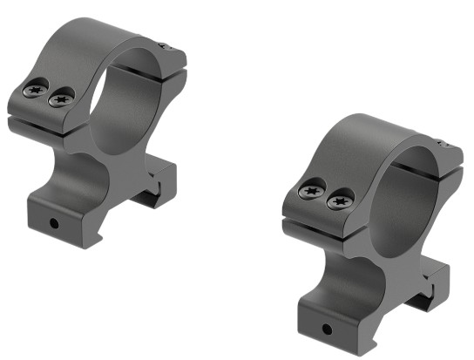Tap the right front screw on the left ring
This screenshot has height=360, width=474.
59,99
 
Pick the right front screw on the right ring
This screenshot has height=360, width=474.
337,202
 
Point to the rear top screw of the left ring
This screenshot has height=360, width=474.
161,45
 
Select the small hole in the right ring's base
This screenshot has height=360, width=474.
328,329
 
